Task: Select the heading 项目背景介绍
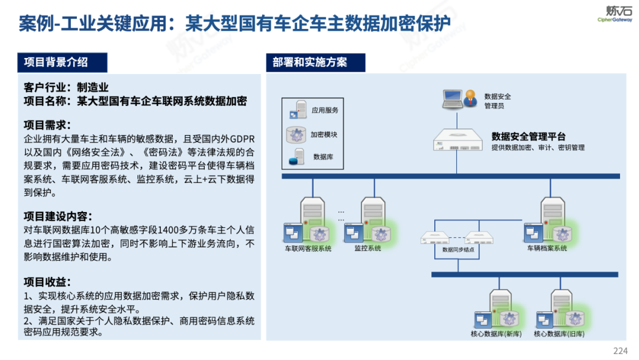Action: click(x=56, y=62)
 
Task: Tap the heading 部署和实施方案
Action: click(x=309, y=62)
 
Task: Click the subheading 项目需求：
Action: click(x=47, y=125)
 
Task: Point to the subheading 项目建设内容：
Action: click(x=58, y=216)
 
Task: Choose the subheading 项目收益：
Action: click(x=47, y=282)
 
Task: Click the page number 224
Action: click(x=620, y=351)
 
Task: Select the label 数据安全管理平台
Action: click(x=529, y=137)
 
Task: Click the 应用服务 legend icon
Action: click(x=296, y=110)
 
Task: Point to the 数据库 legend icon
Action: click(x=296, y=157)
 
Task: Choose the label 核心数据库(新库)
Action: click(x=495, y=334)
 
